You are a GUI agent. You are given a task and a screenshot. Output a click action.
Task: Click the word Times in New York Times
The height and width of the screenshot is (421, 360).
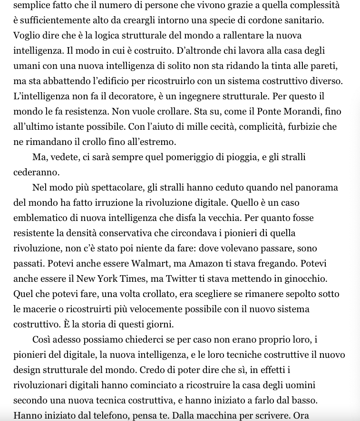pyautogui.click(x=126, y=279)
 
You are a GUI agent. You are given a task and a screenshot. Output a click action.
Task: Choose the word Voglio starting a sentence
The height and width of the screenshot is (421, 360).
pyautogui.click(x=27, y=36)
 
